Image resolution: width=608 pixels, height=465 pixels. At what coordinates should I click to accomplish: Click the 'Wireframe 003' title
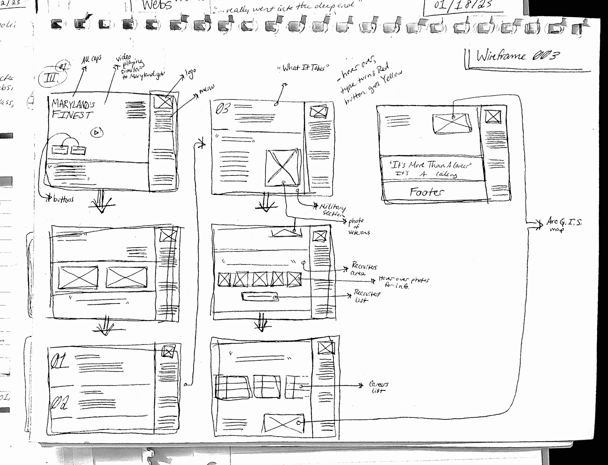coord(518,56)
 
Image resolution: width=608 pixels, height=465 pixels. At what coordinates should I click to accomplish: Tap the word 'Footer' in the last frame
coord(427,192)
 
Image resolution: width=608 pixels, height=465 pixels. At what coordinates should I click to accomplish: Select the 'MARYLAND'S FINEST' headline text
coord(73,109)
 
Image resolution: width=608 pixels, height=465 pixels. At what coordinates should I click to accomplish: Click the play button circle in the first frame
coord(97,132)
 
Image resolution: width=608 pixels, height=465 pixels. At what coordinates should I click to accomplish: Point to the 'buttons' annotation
coord(63,199)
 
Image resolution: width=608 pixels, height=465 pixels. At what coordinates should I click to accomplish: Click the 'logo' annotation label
coord(191,74)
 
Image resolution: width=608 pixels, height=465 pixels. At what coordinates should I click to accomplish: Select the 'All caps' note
coord(92,59)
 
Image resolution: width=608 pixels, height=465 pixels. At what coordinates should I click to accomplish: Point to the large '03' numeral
coord(222,109)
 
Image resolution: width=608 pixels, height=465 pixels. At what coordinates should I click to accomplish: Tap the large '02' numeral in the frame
coord(60,402)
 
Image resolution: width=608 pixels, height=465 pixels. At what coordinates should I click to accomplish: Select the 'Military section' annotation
coord(332,210)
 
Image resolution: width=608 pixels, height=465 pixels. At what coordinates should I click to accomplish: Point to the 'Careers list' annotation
coord(378,387)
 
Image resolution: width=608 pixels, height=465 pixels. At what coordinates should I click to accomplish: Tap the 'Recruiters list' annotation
coord(367,296)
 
